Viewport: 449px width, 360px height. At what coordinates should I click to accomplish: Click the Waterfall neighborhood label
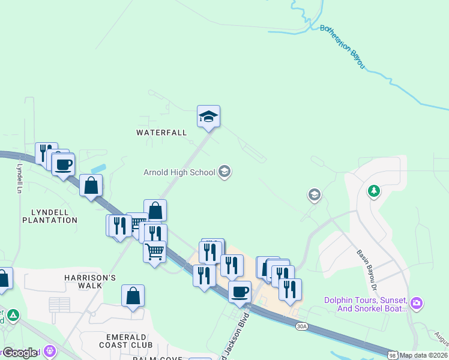[161, 132]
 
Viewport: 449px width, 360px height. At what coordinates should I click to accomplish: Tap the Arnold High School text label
[179, 172]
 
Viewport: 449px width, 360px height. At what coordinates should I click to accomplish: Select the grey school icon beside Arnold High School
[224, 172]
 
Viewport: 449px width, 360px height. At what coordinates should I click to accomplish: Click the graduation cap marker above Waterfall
[208, 116]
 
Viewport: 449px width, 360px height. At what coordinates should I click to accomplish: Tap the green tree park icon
[374, 191]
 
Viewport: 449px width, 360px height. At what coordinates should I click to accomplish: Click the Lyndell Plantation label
[50, 216]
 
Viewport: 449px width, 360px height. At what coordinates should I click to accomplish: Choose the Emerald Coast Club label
[126, 340]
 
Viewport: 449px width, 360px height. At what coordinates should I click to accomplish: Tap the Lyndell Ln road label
[19, 178]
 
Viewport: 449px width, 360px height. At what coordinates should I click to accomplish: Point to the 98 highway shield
[392, 355]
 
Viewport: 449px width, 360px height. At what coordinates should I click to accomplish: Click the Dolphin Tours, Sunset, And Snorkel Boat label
[366, 304]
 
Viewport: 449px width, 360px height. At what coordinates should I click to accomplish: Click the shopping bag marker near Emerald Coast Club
[133, 296]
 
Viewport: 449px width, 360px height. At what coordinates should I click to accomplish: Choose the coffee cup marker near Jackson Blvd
[240, 292]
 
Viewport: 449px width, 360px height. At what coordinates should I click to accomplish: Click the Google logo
[20, 353]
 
